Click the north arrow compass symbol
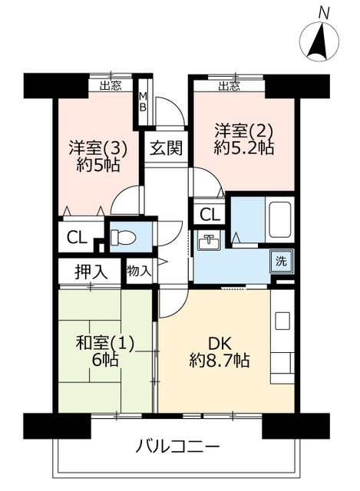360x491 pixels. click(319, 41)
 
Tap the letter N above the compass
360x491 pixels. click(324, 13)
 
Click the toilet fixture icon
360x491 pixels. click(123, 237)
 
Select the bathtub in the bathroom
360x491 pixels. click(280, 219)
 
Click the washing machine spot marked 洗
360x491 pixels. click(282, 261)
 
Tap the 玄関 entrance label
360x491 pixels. click(166, 147)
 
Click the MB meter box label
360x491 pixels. click(143, 101)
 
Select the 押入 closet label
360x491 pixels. click(91, 272)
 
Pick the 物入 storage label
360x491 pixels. click(139, 271)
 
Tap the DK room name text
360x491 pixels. click(220, 344)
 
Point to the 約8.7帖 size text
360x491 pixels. click(219, 360)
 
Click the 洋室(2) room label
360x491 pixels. click(243, 130)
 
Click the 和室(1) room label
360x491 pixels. click(105, 343)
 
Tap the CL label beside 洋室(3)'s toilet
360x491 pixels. click(77, 239)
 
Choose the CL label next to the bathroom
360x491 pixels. click(210, 215)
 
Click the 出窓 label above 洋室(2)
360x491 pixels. click(230, 86)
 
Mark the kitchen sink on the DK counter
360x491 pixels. click(282, 321)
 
